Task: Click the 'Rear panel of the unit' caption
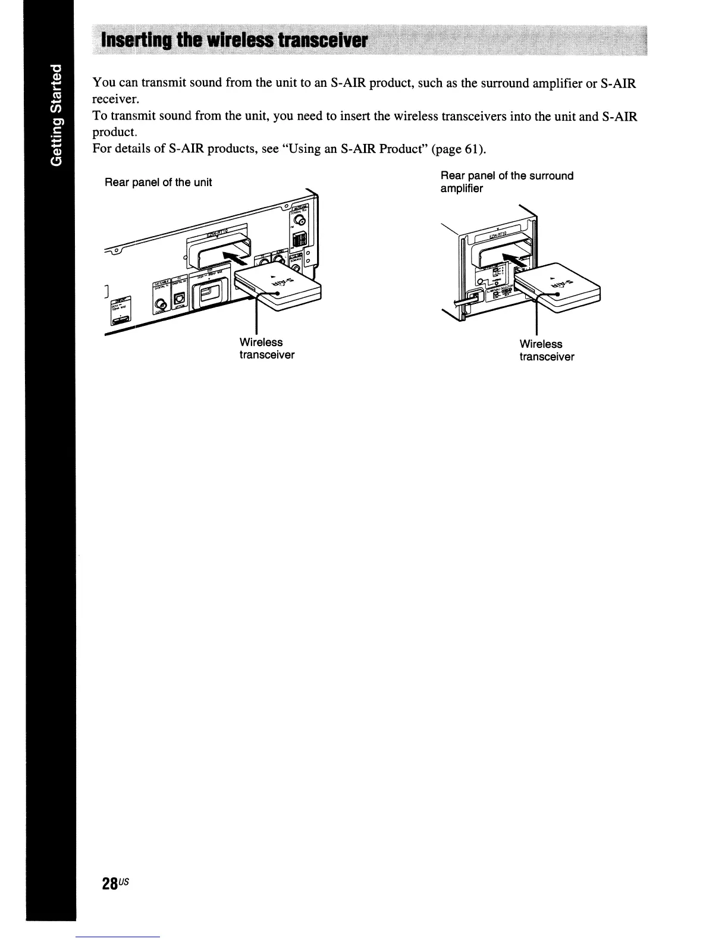click(158, 183)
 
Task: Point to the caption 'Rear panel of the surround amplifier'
click(507, 182)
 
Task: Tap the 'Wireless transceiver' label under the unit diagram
click(266, 348)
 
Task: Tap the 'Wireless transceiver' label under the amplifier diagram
click(547, 350)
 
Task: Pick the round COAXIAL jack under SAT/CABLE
click(161, 306)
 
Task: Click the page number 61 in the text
click(467, 148)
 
